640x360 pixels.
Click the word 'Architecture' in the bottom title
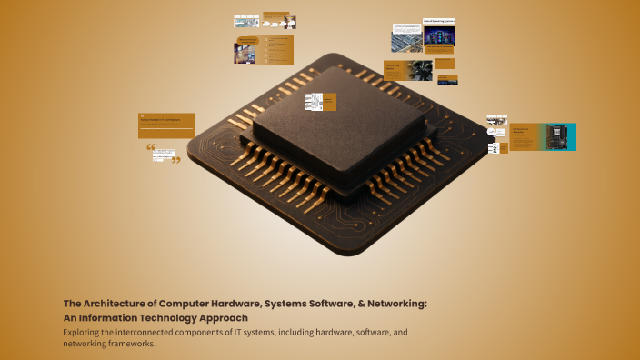coord(115,305)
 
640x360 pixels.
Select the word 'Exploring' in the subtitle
coord(83,333)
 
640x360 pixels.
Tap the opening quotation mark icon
coord(151,147)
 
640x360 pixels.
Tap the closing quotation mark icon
coord(175,160)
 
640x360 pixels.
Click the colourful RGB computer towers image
coord(440,37)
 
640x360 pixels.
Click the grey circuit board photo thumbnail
coord(407,39)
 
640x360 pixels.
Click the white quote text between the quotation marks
coord(164,154)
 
